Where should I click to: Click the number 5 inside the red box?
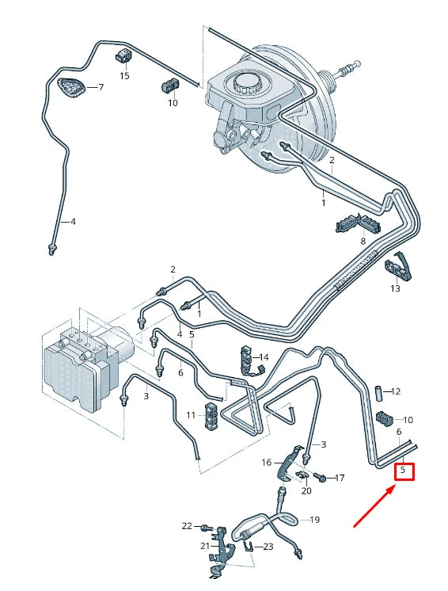click(x=404, y=471)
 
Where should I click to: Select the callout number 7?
click(x=101, y=87)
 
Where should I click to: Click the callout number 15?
click(x=124, y=75)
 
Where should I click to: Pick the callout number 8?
click(x=363, y=240)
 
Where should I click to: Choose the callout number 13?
click(x=395, y=288)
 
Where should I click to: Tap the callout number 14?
click(x=264, y=357)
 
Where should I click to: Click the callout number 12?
click(x=397, y=391)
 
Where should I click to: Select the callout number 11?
click(x=191, y=414)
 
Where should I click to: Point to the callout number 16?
click(x=267, y=462)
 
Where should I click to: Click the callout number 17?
click(x=340, y=478)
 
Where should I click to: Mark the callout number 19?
click(x=314, y=520)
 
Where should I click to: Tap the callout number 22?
click(x=187, y=525)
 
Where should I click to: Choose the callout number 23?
click(x=268, y=546)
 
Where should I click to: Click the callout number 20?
click(x=306, y=490)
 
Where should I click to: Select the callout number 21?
click(x=203, y=545)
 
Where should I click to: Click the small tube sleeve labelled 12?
click(x=378, y=391)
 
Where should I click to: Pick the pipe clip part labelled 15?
click(x=123, y=55)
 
